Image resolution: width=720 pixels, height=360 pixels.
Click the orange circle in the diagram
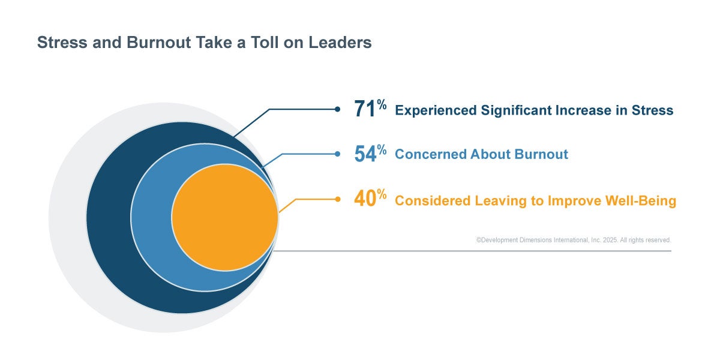click(225, 217)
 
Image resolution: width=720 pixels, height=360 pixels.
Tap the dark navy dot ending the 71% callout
click(337, 109)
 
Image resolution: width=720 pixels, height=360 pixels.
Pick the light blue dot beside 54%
click(337, 154)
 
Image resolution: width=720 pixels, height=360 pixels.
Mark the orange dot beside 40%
click(337, 199)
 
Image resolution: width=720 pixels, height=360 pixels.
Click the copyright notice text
click(574, 240)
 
